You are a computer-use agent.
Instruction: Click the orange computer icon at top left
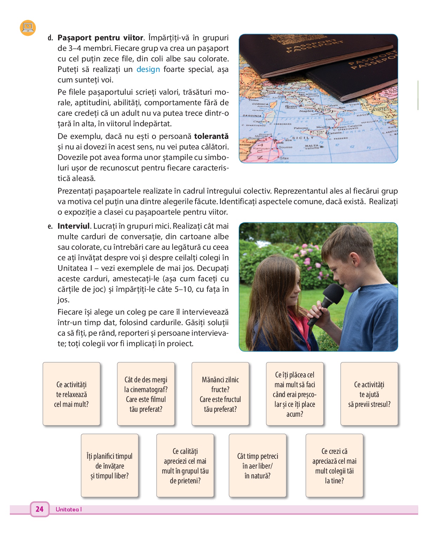(x=28, y=28)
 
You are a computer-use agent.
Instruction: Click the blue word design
(x=148, y=69)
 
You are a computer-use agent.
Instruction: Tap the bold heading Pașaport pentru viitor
(x=100, y=38)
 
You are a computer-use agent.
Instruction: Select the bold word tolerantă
(x=211, y=136)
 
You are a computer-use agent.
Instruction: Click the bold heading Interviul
(x=74, y=226)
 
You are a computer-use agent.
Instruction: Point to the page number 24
(x=39, y=509)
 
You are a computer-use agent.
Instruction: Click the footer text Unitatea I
(x=68, y=509)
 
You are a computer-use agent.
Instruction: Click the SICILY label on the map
(x=303, y=138)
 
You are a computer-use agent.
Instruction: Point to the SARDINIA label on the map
(x=252, y=115)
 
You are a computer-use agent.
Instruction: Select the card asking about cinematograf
(x=146, y=394)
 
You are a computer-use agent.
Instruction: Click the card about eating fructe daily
(x=220, y=394)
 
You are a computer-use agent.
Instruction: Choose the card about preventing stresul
(x=369, y=394)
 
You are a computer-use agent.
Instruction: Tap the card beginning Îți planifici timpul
(x=110, y=465)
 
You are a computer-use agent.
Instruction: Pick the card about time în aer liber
(x=257, y=465)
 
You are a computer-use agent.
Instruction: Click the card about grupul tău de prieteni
(x=185, y=465)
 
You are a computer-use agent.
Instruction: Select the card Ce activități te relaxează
(x=71, y=394)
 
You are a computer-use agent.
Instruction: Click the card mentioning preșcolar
(x=295, y=394)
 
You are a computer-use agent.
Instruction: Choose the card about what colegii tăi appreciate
(x=334, y=465)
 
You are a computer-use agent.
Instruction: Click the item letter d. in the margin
(x=50, y=38)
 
